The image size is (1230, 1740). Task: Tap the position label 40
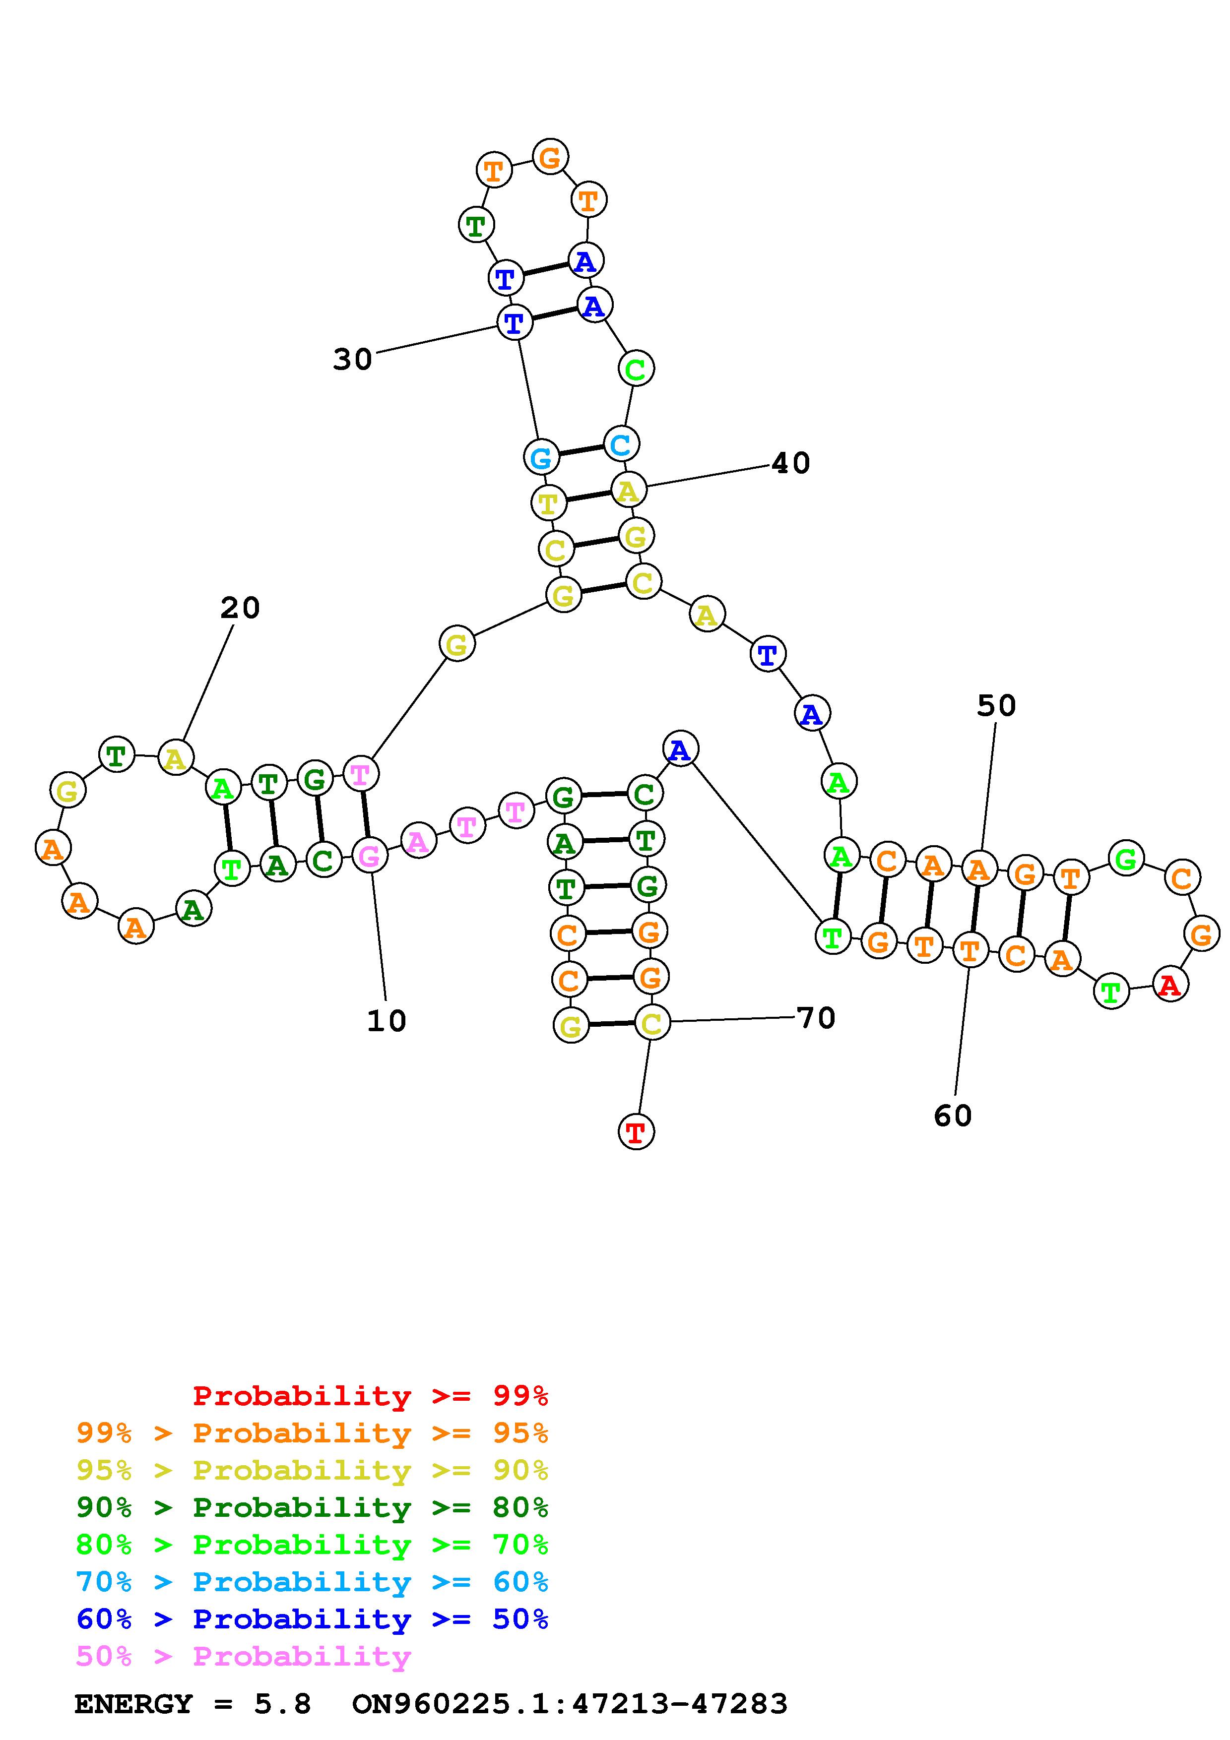click(x=790, y=463)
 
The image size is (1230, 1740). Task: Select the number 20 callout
click(x=240, y=608)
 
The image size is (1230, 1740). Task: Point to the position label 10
click(x=387, y=1021)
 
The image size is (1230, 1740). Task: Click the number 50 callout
click(x=996, y=705)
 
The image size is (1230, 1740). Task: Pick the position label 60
click(x=953, y=1116)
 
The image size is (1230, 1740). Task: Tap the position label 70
click(x=816, y=1018)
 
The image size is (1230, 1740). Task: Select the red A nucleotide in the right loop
click(x=1170, y=985)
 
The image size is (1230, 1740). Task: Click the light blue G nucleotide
click(x=541, y=457)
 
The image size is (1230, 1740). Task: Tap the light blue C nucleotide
click(x=621, y=444)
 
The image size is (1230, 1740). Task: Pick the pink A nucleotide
click(x=418, y=840)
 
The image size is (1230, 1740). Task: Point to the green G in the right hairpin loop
click(x=1126, y=859)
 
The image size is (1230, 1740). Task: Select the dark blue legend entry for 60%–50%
click(x=312, y=1619)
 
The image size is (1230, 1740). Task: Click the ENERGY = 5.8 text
click(x=193, y=1704)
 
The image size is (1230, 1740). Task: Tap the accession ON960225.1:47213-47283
click(x=570, y=1704)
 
